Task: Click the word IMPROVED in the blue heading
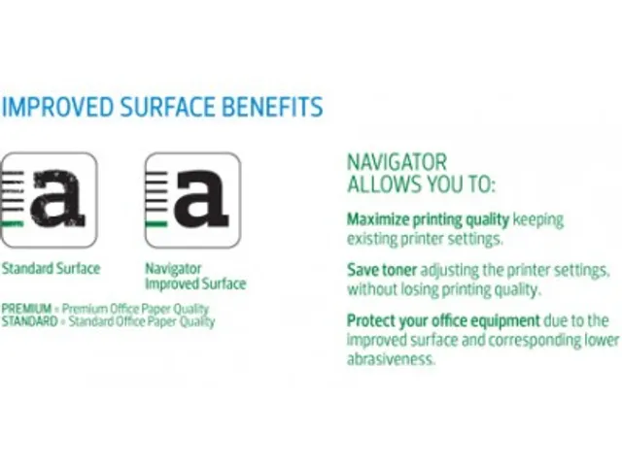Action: tap(57, 107)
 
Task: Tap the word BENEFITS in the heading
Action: tap(272, 107)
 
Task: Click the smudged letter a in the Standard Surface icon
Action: tap(58, 198)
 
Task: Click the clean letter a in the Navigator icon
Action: tap(201, 198)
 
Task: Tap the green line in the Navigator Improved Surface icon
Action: tap(156, 224)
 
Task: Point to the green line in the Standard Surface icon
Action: tap(13, 224)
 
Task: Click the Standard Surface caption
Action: tap(51, 269)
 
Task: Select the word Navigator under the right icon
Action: tap(173, 269)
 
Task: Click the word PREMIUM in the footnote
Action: tap(26, 309)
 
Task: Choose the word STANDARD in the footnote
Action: tap(30, 320)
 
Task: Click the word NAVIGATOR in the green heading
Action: tap(397, 162)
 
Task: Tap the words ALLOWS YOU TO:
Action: tap(421, 183)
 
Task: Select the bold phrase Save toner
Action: tap(382, 270)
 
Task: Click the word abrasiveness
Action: tap(391, 359)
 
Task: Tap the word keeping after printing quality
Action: tap(537, 220)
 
